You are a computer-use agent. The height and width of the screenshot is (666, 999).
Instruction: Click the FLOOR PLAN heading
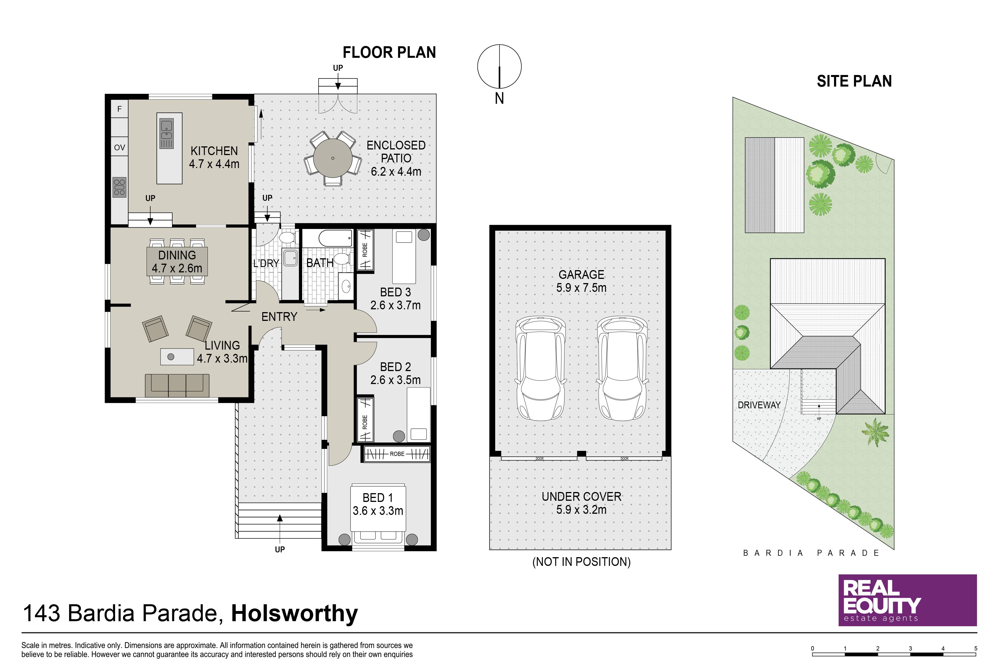point(389,52)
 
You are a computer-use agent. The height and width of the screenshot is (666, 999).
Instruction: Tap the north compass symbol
point(500,67)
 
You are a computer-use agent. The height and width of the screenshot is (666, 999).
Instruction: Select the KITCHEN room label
point(214,151)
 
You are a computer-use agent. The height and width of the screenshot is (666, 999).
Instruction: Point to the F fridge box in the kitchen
point(119,109)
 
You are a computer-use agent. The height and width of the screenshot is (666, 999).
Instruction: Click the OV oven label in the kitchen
point(119,147)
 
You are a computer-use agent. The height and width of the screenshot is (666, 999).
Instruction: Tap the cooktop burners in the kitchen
point(119,187)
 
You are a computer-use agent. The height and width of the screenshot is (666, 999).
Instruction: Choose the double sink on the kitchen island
point(166,133)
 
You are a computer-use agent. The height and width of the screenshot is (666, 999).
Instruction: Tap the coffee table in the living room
point(177,357)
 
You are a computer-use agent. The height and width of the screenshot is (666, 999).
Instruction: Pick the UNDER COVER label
point(581,497)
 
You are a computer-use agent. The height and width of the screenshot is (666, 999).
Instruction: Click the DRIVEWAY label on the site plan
point(759,405)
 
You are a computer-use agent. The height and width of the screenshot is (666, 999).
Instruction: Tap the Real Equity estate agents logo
point(907,600)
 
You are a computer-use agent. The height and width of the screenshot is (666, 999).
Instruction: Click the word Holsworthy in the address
point(294,613)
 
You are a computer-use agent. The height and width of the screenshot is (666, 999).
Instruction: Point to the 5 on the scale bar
point(976,648)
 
